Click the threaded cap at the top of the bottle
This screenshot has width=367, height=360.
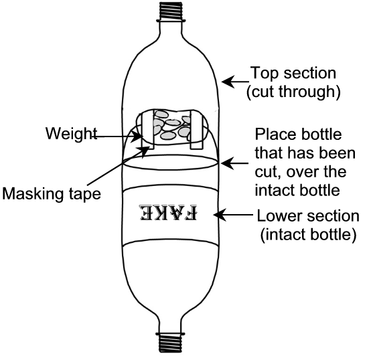pos(171,11)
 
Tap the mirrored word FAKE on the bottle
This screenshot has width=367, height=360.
pos(169,213)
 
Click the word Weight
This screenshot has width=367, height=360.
pos(71,134)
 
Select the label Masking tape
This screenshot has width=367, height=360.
pos(52,193)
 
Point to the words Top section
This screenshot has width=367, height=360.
pos(293,73)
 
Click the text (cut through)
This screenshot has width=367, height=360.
pos(293,92)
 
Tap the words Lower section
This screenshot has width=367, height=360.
pos(308,215)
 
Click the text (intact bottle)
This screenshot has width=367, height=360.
pos(308,234)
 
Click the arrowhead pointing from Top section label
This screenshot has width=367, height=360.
pos(228,82)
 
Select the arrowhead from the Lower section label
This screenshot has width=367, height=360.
pos(220,215)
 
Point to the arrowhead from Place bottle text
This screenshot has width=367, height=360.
pos(227,163)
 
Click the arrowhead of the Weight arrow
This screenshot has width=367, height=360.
pos(137,137)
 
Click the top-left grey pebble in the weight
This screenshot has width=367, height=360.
pos(162,114)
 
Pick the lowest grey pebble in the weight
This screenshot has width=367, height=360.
pos(168,135)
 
